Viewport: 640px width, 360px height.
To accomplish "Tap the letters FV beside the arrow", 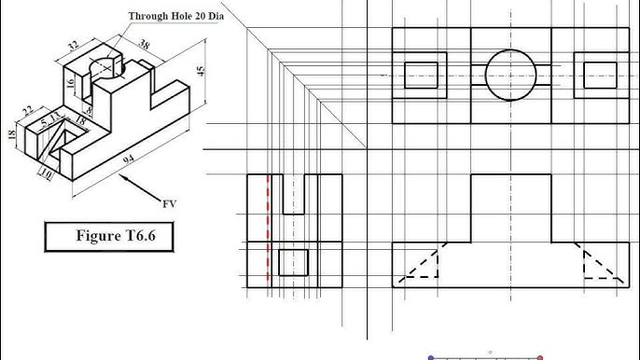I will click(x=170, y=203).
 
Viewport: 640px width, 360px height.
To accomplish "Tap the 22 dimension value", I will click(x=27, y=112).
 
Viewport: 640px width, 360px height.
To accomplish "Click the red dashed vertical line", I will click(x=270, y=228).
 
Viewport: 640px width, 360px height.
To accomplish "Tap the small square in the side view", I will click(x=294, y=263).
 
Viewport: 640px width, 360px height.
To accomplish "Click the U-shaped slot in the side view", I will click(x=294, y=194).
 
